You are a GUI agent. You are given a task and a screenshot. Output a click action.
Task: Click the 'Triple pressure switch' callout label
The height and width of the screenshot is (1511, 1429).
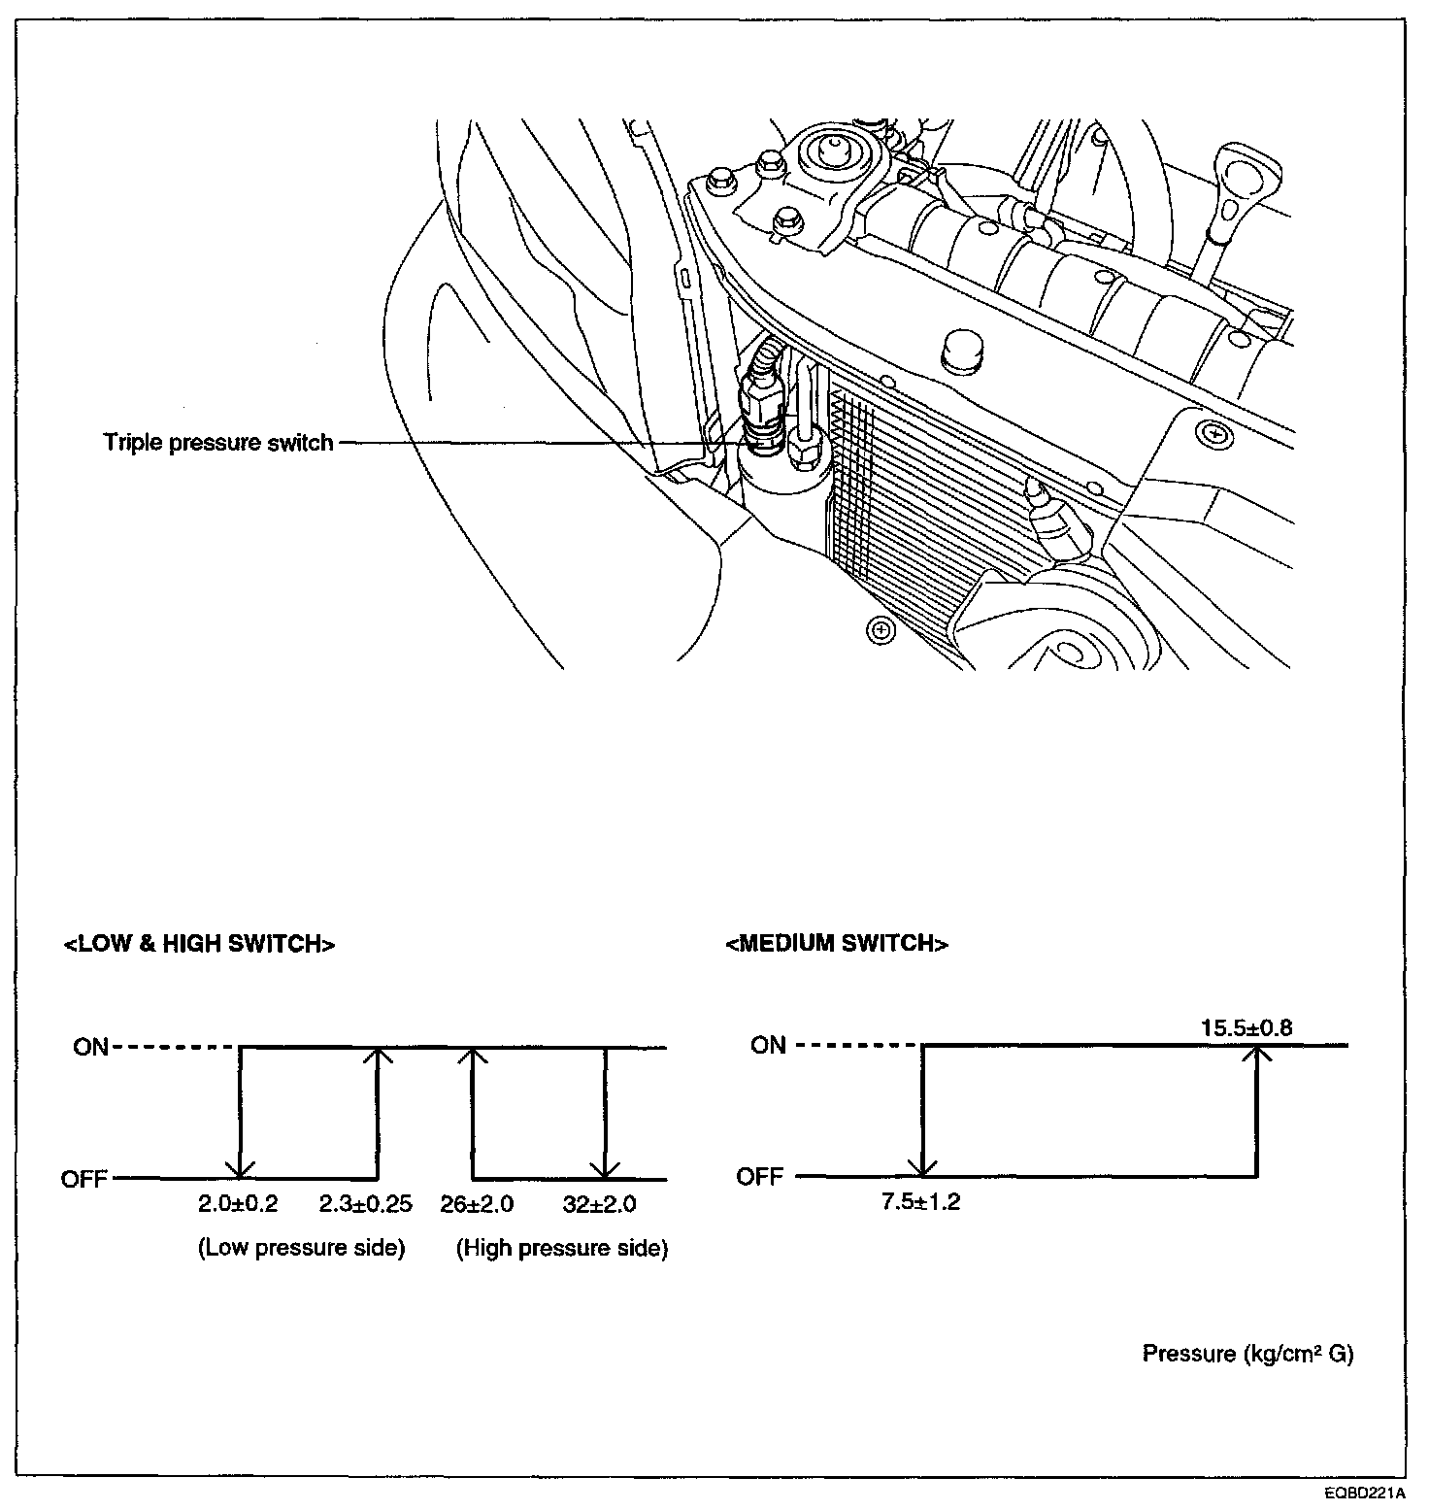tap(218, 443)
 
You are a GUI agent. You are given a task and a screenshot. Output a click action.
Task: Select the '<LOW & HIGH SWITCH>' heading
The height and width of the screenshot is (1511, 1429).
tap(199, 944)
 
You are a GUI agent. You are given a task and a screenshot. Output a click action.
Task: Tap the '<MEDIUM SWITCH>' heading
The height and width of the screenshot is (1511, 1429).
tap(837, 944)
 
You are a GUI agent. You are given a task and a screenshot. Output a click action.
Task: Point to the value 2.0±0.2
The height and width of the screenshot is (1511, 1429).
tap(238, 1205)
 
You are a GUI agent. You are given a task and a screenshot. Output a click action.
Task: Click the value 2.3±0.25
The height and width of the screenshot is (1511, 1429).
tap(366, 1205)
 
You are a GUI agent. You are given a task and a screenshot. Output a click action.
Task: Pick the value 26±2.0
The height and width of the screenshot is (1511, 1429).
tap(477, 1205)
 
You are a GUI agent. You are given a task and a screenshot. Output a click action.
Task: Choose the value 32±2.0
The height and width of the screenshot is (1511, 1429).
tap(599, 1205)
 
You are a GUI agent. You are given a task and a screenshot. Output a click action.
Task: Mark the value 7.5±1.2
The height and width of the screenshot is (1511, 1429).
tap(920, 1202)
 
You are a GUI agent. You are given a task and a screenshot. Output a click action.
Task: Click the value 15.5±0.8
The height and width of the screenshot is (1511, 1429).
tap(1246, 1027)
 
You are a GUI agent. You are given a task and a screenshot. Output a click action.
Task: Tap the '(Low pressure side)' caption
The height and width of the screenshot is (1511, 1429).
tap(301, 1248)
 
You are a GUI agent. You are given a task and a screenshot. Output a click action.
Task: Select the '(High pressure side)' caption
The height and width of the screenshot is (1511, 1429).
tap(562, 1248)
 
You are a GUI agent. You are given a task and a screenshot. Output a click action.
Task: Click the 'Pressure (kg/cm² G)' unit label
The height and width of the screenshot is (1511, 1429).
tap(1247, 1354)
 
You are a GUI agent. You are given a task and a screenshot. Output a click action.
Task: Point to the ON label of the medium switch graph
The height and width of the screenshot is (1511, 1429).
tap(768, 1045)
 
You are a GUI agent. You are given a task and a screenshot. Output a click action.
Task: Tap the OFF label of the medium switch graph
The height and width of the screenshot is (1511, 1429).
tap(759, 1177)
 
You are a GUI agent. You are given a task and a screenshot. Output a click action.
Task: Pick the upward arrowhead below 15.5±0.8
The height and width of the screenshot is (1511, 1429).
tap(1257, 1056)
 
